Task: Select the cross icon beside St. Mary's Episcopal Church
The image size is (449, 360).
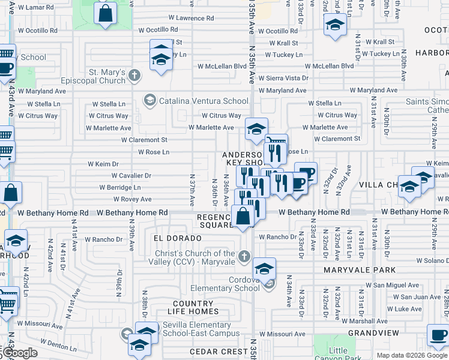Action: pos(134,76)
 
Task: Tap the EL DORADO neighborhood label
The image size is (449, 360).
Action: pos(177,238)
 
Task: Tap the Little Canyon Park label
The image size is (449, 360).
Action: pos(339,354)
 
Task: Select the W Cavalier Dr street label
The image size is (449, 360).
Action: pos(131,176)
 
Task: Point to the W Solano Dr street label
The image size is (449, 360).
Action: pos(433,261)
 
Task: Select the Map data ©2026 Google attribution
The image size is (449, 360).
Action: pos(412,355)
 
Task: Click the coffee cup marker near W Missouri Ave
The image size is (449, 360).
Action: pos(438,334)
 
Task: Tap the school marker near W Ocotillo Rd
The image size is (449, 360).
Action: pos(334,26)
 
